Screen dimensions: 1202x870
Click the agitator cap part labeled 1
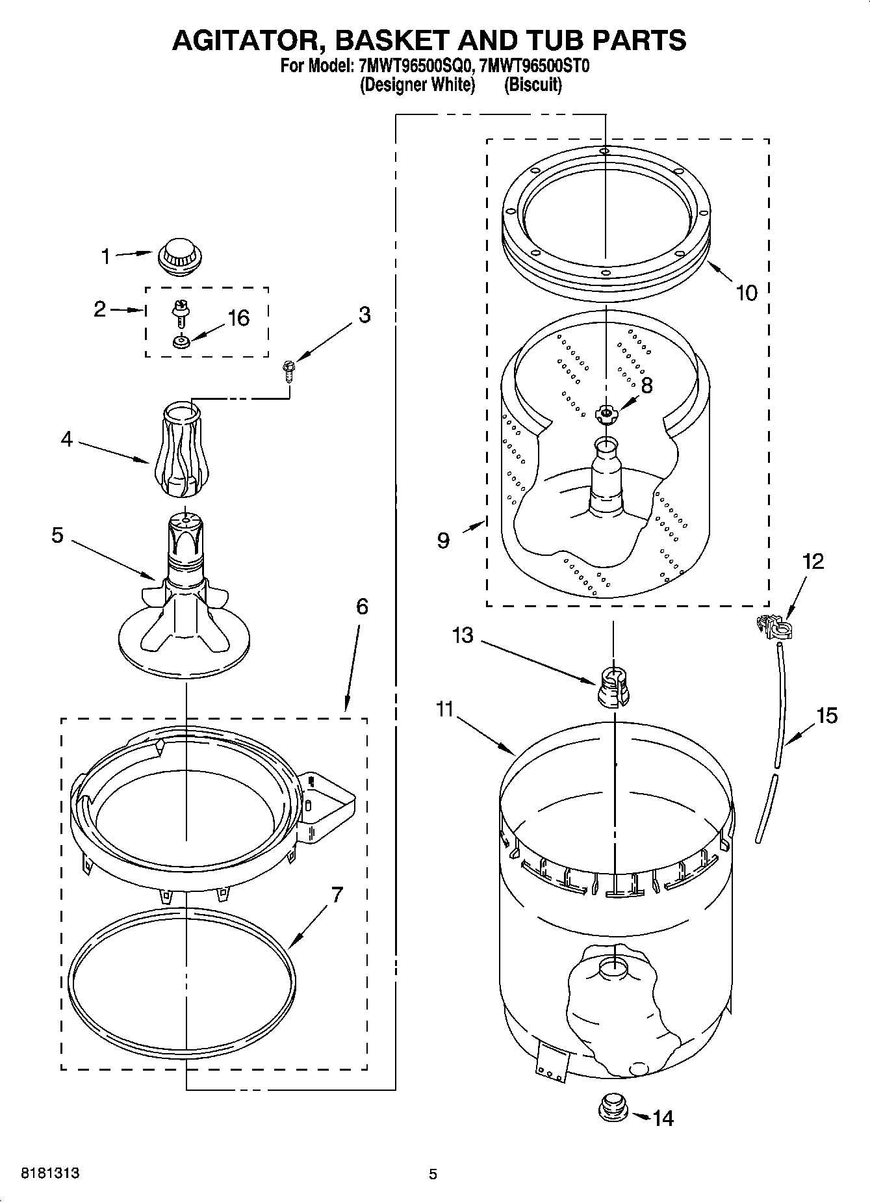coord(177,254)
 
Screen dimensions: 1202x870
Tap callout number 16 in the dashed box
coord(238,318)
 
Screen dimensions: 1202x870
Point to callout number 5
coord(58,536)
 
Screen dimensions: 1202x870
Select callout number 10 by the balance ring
coord(747,293)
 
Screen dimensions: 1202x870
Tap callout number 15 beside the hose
coord(826,716)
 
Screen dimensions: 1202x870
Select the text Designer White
coord(418,85)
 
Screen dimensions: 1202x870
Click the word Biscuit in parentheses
coord(533,85)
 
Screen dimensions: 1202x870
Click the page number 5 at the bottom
coord(433,1174)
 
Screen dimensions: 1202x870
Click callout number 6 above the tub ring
coord(362,607)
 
